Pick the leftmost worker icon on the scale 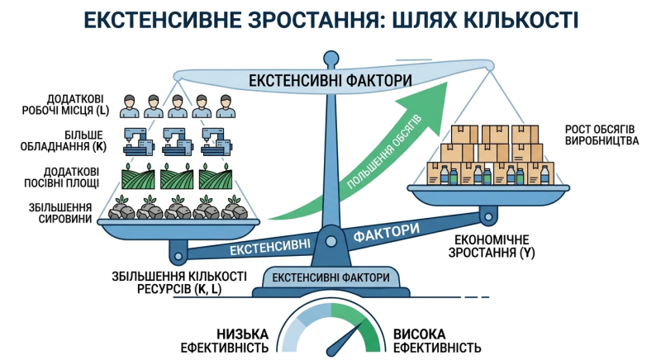click(x=128, y=106)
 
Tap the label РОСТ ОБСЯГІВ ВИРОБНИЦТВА click(x=601, y=135)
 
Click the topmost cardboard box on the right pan click(x=497, y=132)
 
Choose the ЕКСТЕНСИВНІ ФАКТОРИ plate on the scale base click(x=330, y=277)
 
